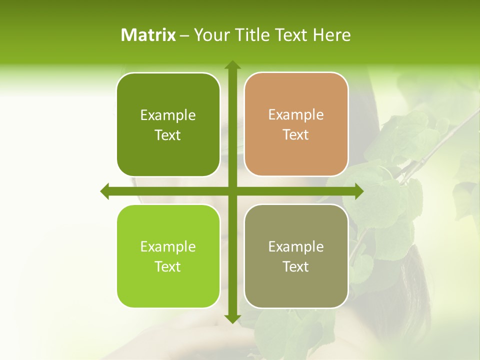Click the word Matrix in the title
click(148, 35)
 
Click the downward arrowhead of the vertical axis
click(232, 319)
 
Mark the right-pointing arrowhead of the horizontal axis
click(359, 191)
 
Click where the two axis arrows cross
click(232, 191)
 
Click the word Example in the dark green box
click(168, 115)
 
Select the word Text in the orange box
click(296, 135)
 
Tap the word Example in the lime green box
click(168, 247)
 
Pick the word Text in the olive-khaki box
click(296, 267)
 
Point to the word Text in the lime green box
click(168, 267)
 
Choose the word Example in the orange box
click(296, 115)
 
